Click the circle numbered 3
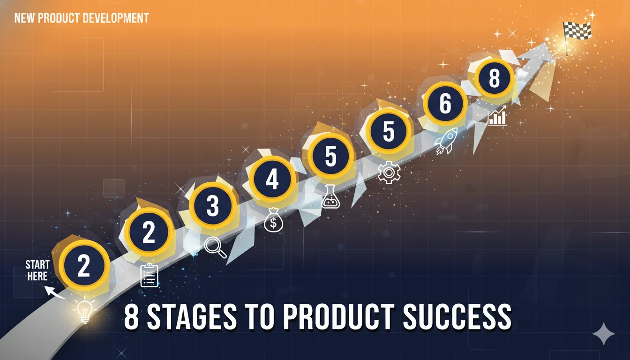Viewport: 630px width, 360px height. click(x=212, y=206)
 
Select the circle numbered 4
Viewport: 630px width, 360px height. click(x=272, y=180)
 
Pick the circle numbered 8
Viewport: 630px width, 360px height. click(x=494, y=79)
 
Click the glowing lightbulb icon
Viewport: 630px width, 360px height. click(x=84, y=310)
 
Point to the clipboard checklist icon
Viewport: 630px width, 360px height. click(x=150, y=275)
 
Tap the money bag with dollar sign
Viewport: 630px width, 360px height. click(x=273, y=220)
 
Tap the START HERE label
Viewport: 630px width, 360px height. click(x=37, y=270)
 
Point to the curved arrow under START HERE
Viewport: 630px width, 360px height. click(x=55, y=293)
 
